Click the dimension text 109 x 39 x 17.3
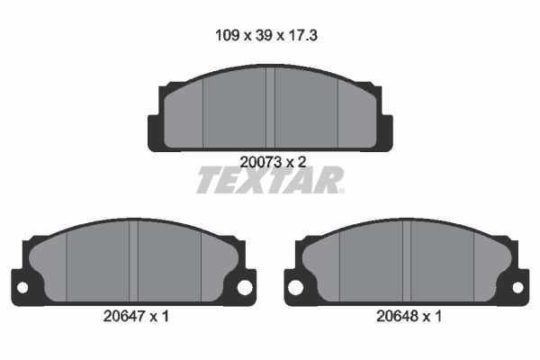[266, 35]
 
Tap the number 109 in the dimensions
[227, 35]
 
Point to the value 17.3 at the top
[302, 35]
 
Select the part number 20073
[261, 162]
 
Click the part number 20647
[124, 316]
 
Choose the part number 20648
[398, 316]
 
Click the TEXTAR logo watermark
[270, 180]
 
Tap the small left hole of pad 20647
[22, 288]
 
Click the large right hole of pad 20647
[245, 288]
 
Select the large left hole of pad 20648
[295, 288]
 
